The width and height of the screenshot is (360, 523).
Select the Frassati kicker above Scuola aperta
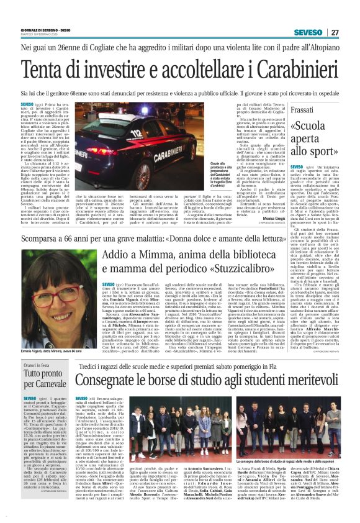[320, 109]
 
